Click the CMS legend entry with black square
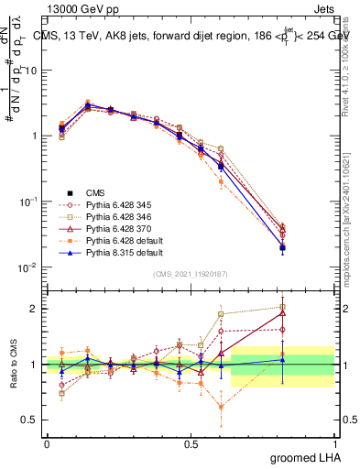95,192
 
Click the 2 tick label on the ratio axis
37,309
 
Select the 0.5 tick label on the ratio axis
32,420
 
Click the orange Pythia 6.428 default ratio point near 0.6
221,407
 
